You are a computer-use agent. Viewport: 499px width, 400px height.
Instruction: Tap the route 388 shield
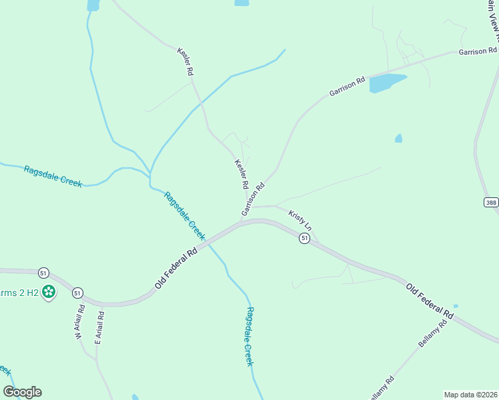click(491, 203)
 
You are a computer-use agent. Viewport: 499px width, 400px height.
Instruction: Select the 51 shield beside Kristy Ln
click(304, 239)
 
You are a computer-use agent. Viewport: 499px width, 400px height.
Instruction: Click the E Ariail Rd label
click(99, 327)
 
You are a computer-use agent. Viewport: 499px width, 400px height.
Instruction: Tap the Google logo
click(22, 392)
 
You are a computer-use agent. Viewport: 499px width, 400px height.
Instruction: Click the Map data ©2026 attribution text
click(471, 395)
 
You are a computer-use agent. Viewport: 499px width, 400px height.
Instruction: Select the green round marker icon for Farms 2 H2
click(48, 291)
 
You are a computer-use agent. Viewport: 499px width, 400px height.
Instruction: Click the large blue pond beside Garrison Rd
click(386, 83)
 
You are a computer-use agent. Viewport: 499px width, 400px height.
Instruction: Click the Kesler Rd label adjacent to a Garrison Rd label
click(241, 173)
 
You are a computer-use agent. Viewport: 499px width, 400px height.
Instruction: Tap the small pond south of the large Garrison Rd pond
click(398, 138)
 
